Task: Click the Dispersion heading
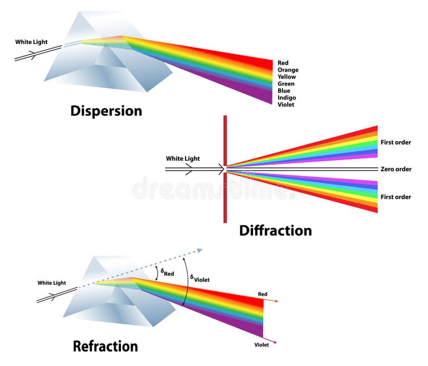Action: (x=106, y=111)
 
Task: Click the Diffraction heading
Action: (x=275, y=230)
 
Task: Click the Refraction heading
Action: (x=105, y=346)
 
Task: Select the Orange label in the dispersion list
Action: (x=288, y=70)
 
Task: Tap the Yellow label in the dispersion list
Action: (x=286, y=77)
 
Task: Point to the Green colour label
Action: (x=286, y=84)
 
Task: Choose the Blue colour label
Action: (x=284, y=90)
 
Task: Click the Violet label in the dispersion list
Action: (x=286, y=104)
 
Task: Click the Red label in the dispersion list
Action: (x=283, y=63)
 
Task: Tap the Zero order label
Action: (x=396, y=169)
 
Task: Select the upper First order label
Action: (x=396, y=142)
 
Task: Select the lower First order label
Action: (x=396, y=197)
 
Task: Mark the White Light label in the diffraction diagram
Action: (x=183, y=158)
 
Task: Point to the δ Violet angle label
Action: (x=200, y=279)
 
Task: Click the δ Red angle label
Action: (x=168, y=272)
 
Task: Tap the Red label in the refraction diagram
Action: (x=262, y=293)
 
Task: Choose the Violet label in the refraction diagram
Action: (x=261, y=345)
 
